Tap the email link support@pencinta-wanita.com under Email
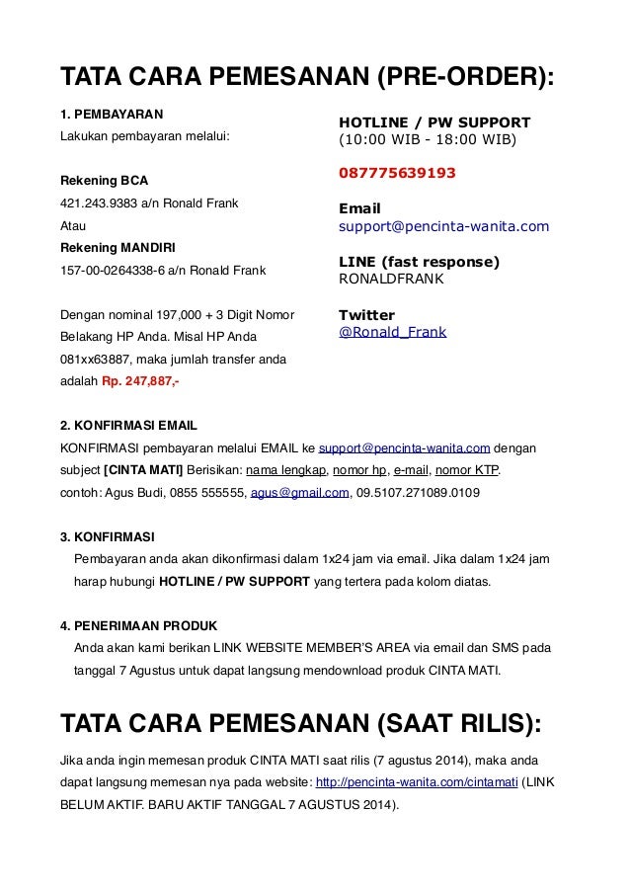point(443,227)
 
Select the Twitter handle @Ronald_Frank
point(392,333)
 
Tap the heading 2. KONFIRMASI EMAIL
point(128,426)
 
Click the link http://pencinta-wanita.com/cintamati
point(419,781)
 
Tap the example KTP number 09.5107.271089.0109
point(420,491)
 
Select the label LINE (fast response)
point(420,262)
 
